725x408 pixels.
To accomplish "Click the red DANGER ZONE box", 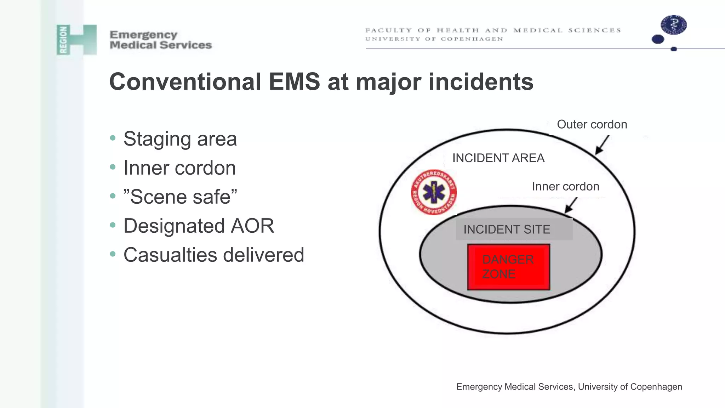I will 508,267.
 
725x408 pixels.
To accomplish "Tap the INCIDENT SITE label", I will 507,229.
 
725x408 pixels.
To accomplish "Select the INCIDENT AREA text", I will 498,158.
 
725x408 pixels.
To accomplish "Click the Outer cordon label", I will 592,125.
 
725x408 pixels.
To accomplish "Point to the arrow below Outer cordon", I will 602,145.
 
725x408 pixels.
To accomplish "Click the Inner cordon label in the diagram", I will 565,187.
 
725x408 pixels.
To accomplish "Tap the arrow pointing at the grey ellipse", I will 571,205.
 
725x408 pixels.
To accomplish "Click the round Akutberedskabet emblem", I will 434,192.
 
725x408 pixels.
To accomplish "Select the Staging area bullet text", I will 180,139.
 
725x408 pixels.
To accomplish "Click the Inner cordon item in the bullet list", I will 179,168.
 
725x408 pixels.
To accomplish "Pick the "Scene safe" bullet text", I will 180,197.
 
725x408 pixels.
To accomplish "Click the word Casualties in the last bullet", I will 170,255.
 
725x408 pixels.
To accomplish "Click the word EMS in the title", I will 294,82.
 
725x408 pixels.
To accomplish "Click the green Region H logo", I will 76,40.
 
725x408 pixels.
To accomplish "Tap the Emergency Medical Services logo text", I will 160,40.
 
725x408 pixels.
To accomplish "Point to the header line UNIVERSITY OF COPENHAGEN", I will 434,39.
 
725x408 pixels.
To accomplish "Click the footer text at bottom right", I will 569,387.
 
